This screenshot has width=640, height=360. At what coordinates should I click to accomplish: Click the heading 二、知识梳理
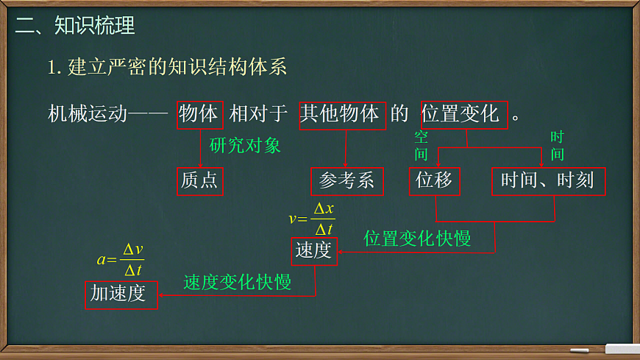(75, 26)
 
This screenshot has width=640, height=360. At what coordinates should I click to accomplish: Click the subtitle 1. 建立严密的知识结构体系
(167, 67)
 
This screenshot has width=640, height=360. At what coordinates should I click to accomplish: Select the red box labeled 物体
(199, 114)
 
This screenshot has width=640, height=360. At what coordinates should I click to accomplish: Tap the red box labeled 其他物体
(341, 114)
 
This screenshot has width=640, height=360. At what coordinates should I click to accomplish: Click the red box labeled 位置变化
(464, 114)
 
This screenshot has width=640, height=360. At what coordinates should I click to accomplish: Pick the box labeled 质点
(199, 181)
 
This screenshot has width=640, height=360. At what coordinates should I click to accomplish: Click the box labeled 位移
(434, 181)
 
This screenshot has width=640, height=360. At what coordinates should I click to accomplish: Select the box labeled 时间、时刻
(548, 181)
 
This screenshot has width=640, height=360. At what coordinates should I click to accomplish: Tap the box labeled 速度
(314, 251)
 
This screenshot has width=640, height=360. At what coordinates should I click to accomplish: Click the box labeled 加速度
(121, 294)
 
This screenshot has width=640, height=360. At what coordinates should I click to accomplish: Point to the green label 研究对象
(245, 145)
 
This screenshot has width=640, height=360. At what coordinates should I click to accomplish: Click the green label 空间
(421, 145)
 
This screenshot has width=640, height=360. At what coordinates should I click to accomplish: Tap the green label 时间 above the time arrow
(557, 145)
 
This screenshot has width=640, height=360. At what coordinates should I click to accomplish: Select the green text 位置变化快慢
(417, 239)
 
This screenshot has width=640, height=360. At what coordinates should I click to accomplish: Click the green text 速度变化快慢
(238, 282)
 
